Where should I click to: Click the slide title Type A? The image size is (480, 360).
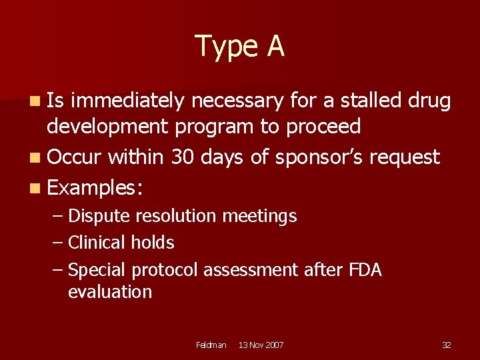[x=240, y=46]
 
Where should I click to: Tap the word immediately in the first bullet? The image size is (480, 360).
[x=127, y=101]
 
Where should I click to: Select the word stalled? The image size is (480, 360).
[x=371, y=101]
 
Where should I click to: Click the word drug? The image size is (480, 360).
[x=431, y=101]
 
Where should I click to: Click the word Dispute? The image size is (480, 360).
[x=99, y=217]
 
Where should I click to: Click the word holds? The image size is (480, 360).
[x=155, y=243]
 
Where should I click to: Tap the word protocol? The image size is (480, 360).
[x=165, y=270]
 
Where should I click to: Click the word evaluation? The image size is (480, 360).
[x=110, y=292]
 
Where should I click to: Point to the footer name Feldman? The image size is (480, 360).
[x=211, y=345]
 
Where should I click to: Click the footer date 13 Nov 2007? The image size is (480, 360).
[x=261, y=345]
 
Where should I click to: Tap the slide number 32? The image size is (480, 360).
[x=446, y=345]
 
